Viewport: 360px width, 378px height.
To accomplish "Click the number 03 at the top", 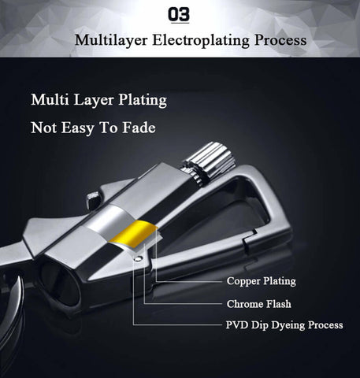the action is coord(179,14).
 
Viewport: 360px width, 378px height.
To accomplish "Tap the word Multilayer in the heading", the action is coord(111,41).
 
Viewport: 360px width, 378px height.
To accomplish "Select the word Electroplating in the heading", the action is coord(201,41).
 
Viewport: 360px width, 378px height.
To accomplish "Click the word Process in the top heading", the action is coord(280,40).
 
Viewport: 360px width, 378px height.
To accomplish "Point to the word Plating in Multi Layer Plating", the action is coord(143,100).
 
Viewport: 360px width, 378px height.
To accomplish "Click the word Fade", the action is coord(139,128).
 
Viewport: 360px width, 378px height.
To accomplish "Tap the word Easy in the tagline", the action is coord(78,128).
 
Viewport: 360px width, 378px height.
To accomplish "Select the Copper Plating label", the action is coord(262,281).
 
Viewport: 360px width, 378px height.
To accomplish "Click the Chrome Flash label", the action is coord(259,304).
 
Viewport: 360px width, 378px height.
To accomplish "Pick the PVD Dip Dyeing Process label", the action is coord(284,325).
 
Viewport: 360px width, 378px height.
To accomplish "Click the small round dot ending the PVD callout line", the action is coord(138,258).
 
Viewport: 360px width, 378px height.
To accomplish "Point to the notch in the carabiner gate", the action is coord(250,236).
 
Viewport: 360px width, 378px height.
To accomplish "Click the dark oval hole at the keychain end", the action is coord(61,284).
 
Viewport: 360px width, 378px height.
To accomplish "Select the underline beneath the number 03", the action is coord(180,23).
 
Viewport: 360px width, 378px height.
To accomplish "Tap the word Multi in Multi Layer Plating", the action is coord(50,100).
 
